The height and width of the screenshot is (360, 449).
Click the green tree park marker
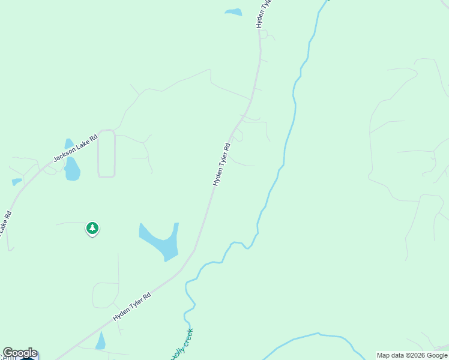click(92, 228)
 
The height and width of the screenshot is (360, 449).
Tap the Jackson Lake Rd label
click(75, 148)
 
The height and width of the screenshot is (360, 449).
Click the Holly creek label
click(181, 344)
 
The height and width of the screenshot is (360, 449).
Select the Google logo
click(20, 353)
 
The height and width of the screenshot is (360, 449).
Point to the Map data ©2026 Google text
click(412, 355)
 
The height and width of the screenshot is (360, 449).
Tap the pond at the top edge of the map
click(233, 12)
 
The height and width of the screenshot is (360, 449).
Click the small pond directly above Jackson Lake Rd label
click(69, 144)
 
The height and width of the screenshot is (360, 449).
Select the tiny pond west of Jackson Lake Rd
click(16, 181)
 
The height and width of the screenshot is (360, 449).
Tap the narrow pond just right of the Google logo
click(101, 341)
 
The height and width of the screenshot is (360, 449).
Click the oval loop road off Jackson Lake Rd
click(106, 154)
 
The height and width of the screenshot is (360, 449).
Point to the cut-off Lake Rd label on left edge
click(5, 223)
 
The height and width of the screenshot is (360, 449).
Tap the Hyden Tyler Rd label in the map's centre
click(222, 164)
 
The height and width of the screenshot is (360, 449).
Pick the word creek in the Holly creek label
click(186, 336)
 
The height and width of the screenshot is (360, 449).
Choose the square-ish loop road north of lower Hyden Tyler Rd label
click(105, 295)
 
